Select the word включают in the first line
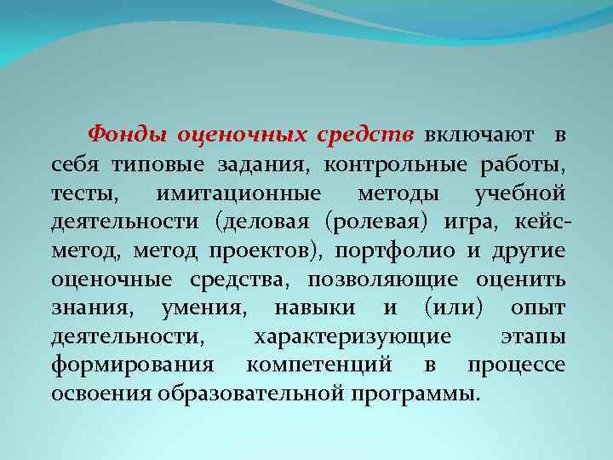click(x=479, y=135)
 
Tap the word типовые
click(x=152, y=163)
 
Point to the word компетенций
click(x=318, y=366)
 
